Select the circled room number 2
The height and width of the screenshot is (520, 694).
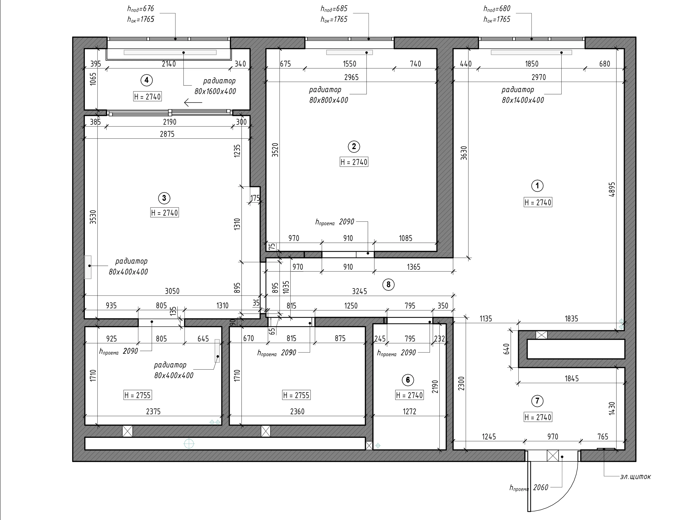(x=354, y=146)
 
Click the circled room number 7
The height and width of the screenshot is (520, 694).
(x=537, y=401)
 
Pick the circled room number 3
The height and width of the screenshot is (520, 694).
(x=164, y=198)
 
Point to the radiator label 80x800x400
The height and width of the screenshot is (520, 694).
(x=328, y=100)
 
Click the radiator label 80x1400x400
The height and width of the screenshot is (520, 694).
(x=523, y=100)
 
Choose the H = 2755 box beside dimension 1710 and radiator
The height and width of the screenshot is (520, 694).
(x=137, y=395)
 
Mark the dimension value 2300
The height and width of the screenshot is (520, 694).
(x=461, y=383)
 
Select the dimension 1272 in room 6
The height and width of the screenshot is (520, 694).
(x=409, y=412)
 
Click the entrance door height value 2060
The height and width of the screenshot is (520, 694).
(x=541, y=487)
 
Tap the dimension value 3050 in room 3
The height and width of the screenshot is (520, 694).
(x=172, y=291)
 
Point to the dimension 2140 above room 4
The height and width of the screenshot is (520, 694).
(x=169, y=64)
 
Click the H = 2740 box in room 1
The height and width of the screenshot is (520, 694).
(x=538, y=203)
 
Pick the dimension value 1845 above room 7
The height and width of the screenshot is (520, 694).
(x=572, y=379)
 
